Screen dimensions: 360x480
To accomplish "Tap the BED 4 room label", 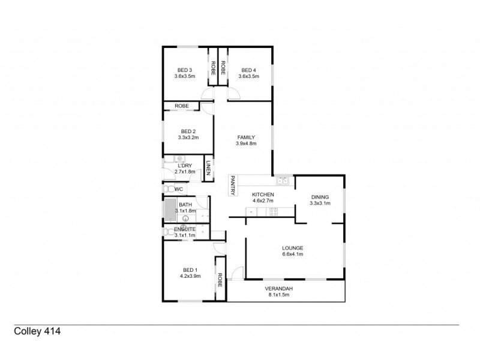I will pyautogui.click(x=248, y=70).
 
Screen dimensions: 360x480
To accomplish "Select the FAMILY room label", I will pyautogui.click(x=246, y=137).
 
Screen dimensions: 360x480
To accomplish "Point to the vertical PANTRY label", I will pyautogui.click(x=232, y=185).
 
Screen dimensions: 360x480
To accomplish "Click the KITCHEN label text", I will pyautogui.click(x=263, y=194).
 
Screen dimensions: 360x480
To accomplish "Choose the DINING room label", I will pyautogui.click(x=319, y=197).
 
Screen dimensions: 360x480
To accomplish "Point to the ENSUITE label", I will pyautogui.click(x=184, y=229).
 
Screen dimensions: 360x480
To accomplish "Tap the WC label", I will pyautogui.click(x=178, y=190).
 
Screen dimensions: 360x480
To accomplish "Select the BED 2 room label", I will pyautogui.click(x=188, y=131).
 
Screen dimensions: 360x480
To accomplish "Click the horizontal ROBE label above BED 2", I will pyautogui.click(x=182, y=106).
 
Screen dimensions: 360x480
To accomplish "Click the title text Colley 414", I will pyautogui.click(x=37, y=331).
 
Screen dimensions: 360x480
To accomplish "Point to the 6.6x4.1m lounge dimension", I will pyautogui.click(x=293, y=254).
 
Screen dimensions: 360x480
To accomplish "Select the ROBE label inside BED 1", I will pyautogui.click(x=220, y=280).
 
